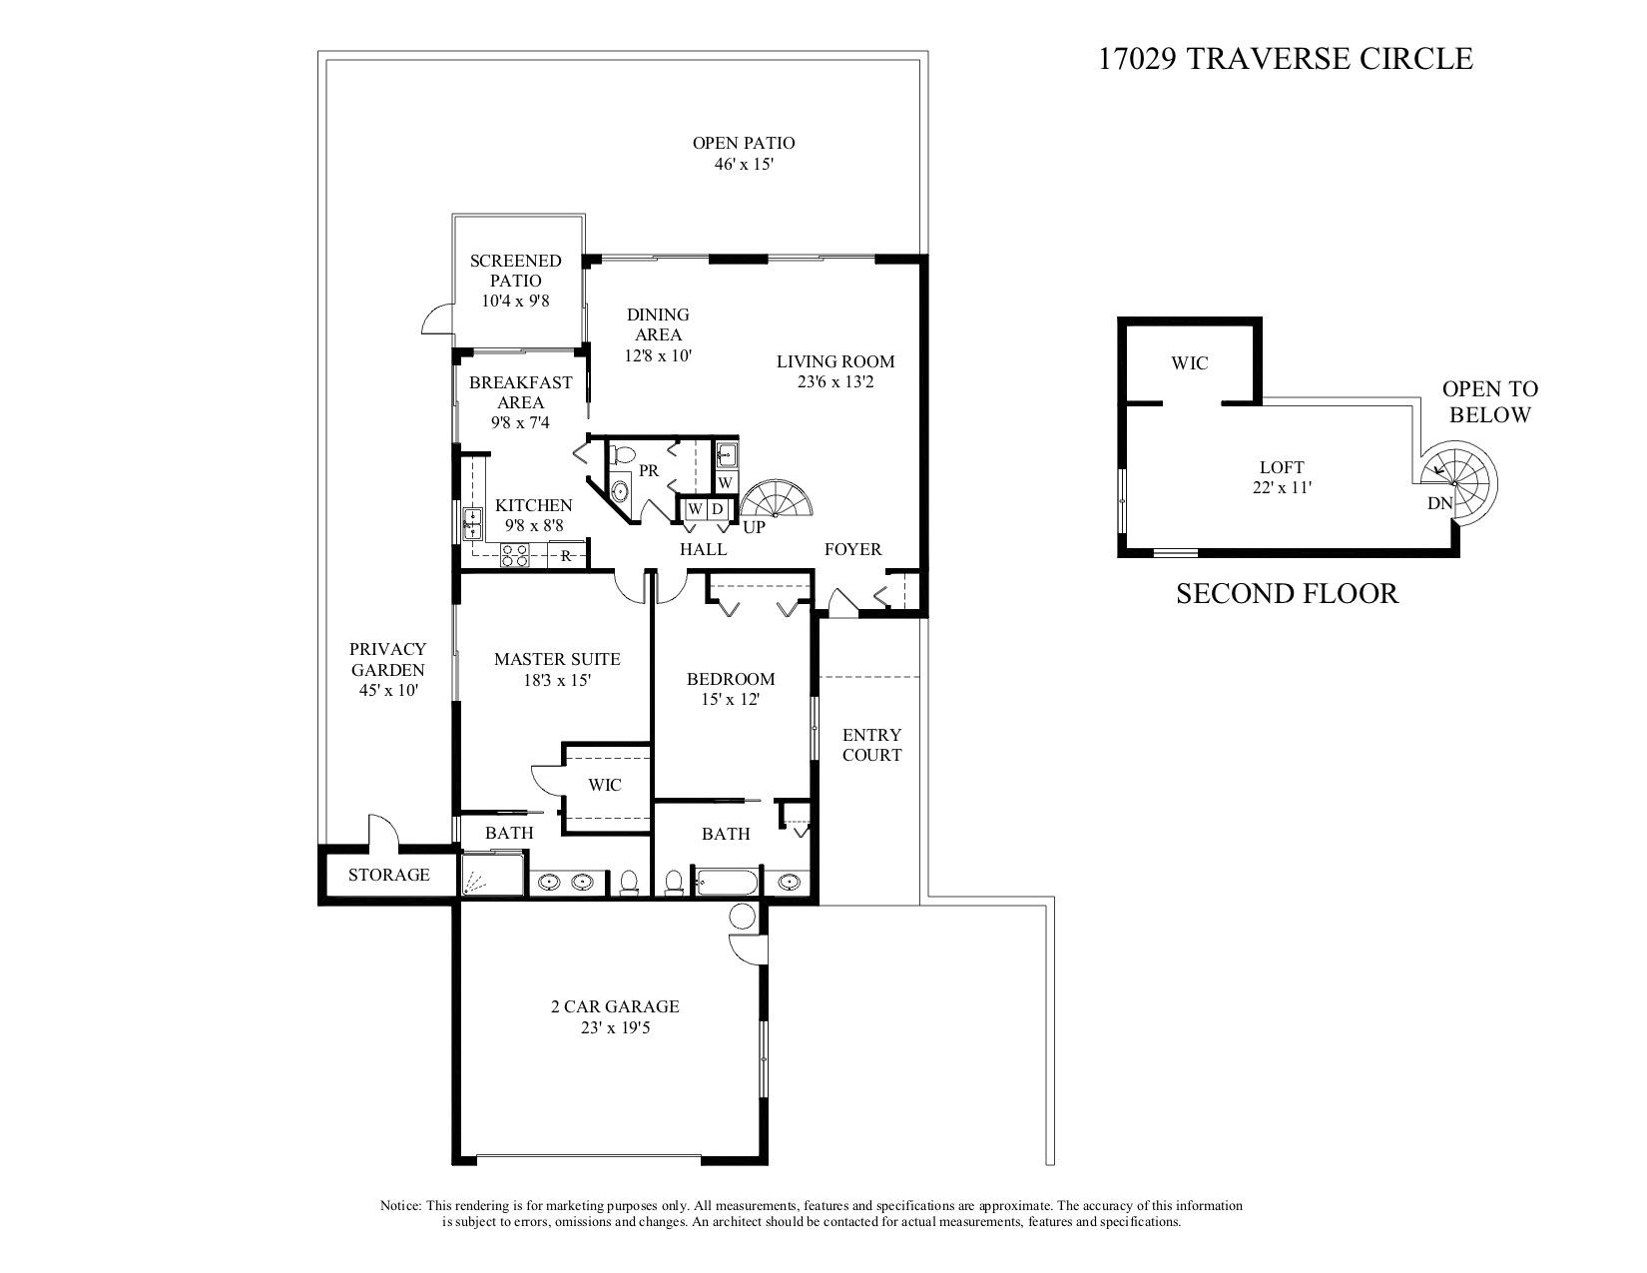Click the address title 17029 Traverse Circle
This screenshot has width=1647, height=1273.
pos(1286,58)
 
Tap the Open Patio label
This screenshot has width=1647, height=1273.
pos(744,143)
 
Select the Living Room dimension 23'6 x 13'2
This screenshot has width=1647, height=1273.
pos(835,381)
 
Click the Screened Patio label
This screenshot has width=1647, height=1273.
pos(515,271)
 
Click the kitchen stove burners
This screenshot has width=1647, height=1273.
pos(516,555)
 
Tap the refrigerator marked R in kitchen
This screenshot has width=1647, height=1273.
pos(566,555)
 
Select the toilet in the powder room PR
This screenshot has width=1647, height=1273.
pos(623,454)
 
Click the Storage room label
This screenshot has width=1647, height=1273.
pos(389,875)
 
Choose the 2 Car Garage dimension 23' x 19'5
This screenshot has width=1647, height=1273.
pos(615,1028)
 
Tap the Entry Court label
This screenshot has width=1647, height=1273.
pos(871,745)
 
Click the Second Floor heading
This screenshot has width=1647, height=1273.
pos(1287,594)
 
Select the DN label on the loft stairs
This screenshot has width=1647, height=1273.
pos(1439,502)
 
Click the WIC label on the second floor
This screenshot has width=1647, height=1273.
pos(1189,363)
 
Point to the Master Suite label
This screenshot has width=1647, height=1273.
pos(557,660)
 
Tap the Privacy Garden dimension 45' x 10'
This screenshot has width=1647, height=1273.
pos(389,690)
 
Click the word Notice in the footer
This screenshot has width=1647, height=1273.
pos(400,1205)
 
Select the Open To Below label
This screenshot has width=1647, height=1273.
pos(1490,401)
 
